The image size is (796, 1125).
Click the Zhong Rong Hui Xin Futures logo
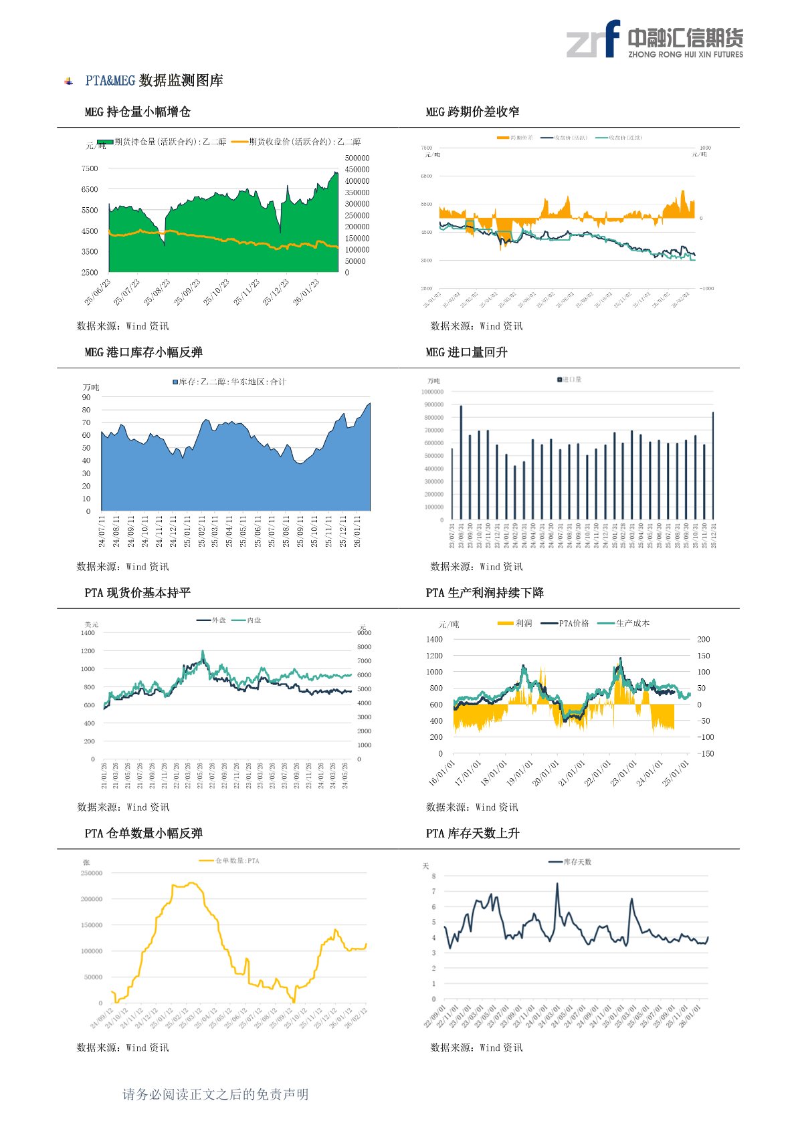(x=654, y=39)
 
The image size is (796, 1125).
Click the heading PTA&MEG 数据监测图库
(x=154, y=81)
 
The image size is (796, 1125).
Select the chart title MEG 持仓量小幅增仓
(x=137, y=112)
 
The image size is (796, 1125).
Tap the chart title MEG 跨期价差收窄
(x=472, y=112)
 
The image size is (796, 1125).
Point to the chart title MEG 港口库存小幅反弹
(x=143, y=352)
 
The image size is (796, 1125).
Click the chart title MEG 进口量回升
(x=466, y=352)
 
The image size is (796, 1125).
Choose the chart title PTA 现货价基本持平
(x=137, y=593)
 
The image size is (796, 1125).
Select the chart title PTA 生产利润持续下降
(x=484, y=593)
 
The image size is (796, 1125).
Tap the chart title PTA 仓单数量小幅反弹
(x=143, y=834)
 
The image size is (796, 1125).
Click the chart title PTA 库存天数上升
(x=472, y=834)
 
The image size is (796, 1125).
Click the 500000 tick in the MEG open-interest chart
(x=357, y=158)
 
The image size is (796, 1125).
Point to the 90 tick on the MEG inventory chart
(x=86, y=398)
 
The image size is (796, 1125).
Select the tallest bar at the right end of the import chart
(x=713, y=465)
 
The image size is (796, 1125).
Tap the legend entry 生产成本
(x=631, y=623)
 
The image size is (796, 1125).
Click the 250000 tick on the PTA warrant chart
(x=92, y=873)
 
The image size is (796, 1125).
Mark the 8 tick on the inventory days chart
(x=433, y=876)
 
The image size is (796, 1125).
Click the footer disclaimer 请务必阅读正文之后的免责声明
(x=215, y=1094)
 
